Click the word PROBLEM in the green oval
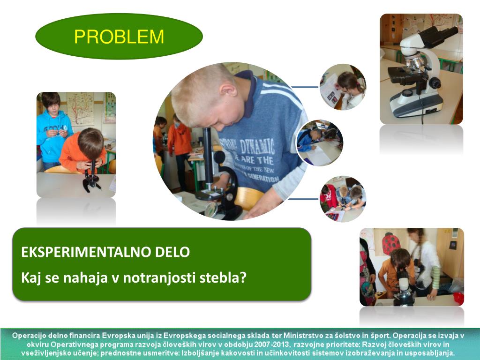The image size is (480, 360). pyautogui.click(x=119, y=37)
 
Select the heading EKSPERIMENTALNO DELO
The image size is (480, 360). pyautogui.click(x=105, y=252)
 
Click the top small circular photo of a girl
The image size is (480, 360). pyautogui.click(x=343, y=87)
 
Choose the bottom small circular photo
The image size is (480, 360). pyautogui.click(x=343, y=199)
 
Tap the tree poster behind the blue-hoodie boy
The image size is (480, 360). pyautogui.click(x=80, y=109)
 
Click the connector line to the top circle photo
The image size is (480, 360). pyautogui.click(x=305, y=87)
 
